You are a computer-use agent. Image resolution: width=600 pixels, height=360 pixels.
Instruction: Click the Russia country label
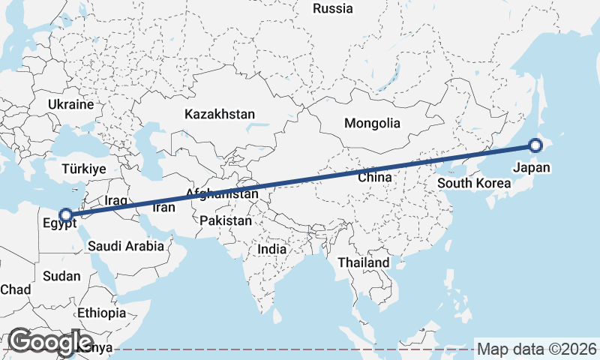coord(333,9)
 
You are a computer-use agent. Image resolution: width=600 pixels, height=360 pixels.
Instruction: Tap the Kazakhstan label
coord(220,115)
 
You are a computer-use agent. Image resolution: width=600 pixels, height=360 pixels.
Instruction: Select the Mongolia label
coord(372,123)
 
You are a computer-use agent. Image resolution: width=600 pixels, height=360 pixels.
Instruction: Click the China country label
coord(375,178)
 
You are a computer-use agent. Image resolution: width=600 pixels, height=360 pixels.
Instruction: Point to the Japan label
coord(532,167)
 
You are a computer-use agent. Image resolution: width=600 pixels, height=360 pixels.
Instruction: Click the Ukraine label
coord(70,104)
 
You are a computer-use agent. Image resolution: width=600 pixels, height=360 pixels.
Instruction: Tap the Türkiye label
coord(84,169)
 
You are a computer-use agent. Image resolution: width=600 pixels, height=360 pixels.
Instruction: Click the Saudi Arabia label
coord(125,246)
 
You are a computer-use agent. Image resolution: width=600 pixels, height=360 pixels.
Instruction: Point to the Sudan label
coord(61,276)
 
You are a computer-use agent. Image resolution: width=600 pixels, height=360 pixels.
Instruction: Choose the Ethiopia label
coord(101,313)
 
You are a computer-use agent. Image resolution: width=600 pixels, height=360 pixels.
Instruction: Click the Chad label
coord(15,289)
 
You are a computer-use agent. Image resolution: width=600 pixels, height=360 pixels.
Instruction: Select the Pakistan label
coord(226,221)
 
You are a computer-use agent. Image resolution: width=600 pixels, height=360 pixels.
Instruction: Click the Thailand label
coord(364,262)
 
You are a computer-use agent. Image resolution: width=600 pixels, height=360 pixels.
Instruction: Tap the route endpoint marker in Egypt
coord(66,215)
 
